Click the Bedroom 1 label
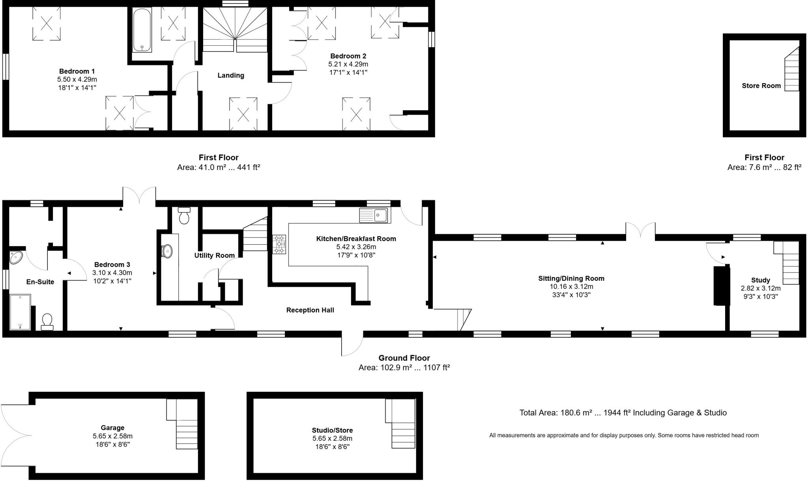(77, 71)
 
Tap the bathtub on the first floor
(142, 30)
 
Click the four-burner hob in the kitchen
(279, 245)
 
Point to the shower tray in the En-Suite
(20, 312)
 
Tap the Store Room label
(761, 86)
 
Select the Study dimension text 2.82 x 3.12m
(760, 288)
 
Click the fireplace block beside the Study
(721, 286)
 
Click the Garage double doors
(16, 436)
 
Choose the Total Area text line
(623, 413)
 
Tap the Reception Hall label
(310, 310)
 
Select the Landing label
(231, 75)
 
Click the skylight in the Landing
(243, 114)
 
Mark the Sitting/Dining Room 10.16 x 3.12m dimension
(571, 286)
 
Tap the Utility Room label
(214, 256)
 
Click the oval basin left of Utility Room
(167, 251)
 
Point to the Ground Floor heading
(404, 358)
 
